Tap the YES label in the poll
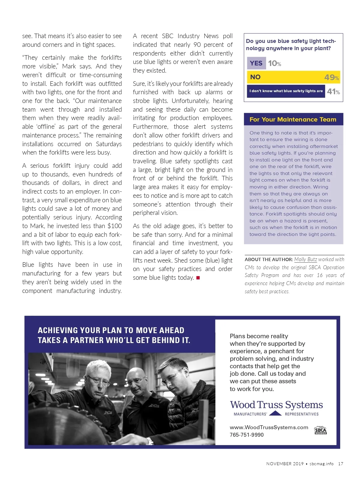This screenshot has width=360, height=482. click(x=256, y=63)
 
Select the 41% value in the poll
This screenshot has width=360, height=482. click(x=333, y=92)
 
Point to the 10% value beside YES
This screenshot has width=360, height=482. click(x=274, y=63)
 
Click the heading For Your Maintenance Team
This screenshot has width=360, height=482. click(x=293, y=119)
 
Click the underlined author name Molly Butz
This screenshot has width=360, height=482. click(x=305, y=259)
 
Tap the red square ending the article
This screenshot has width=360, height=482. click(x=198, y=278)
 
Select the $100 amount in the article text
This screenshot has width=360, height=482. click(x=115, y=226)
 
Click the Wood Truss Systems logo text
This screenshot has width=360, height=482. click(x=276, y=405)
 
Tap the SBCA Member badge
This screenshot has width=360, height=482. click(x=320, y=430)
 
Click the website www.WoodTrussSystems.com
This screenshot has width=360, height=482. click(x=269, y=427)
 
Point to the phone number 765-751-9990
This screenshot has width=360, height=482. click(x=247, y=435)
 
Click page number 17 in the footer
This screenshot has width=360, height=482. click(x=340, y=464)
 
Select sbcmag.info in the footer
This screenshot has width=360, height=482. click(x=321, y=464)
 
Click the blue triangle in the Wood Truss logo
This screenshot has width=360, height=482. click(x=275, y=414)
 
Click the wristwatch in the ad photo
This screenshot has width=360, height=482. click(x=150, y=441)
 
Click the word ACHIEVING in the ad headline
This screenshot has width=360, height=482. click(x=58, y=330)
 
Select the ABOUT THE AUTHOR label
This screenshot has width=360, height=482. click(x=268, y=260)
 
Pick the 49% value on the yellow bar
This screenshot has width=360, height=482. click(x=331, y=77)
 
